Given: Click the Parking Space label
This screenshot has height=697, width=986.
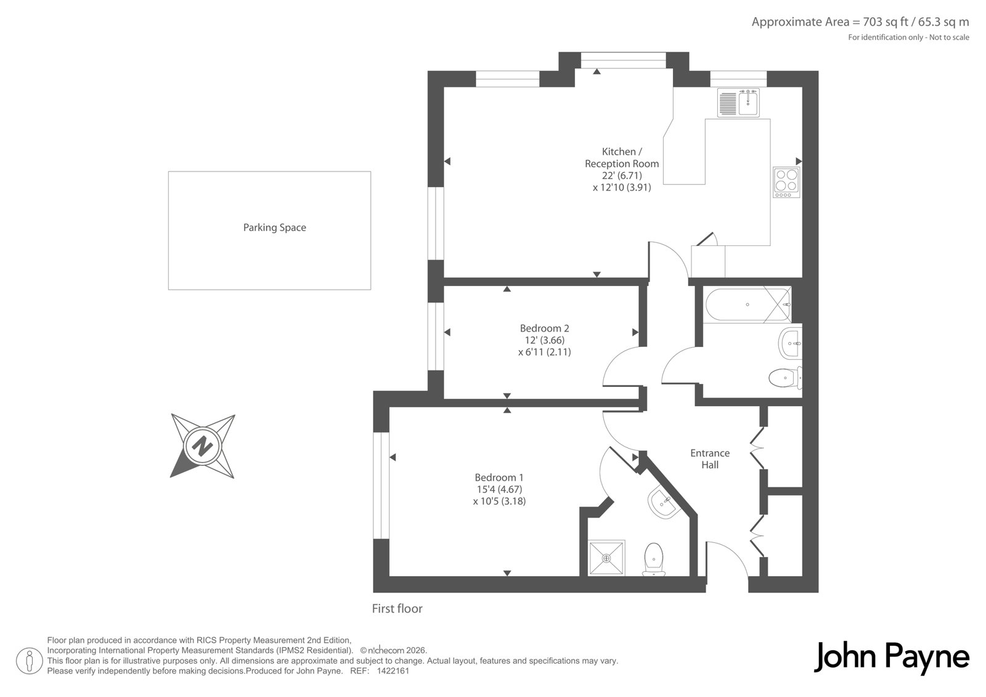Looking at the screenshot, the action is [275, 227].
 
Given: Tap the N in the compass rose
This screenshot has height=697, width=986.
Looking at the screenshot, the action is [203, 446].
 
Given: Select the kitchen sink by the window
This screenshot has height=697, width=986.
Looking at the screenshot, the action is [738, 103].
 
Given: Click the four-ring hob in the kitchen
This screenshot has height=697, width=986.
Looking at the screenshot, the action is [786, 182].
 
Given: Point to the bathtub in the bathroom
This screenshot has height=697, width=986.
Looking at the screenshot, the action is [748, 304].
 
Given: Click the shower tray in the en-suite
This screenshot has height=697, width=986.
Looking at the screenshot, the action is [606, 558].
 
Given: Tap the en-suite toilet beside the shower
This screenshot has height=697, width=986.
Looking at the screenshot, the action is [654, 559].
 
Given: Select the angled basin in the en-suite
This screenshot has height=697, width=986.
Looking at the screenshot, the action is [664, 503].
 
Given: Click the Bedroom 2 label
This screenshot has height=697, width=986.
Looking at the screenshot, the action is [545, 328].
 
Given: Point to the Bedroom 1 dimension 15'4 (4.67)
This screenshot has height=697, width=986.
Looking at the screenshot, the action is [500, 489].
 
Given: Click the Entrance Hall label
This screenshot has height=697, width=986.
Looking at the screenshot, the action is [710, 459].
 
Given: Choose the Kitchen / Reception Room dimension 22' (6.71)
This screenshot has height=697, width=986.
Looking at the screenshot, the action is [622, 175].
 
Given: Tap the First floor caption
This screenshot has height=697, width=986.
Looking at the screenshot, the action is [397, 608].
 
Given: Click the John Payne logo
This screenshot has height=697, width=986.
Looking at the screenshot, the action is [891, 658].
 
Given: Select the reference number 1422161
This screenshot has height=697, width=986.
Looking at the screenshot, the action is [393, 671].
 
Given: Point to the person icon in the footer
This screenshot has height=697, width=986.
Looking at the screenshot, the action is [30, 661].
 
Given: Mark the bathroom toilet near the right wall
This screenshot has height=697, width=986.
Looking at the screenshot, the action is [785, 377].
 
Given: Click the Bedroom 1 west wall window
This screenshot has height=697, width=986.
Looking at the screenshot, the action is [381, 486].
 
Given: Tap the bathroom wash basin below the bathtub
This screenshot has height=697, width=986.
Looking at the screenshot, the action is [791, 343].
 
